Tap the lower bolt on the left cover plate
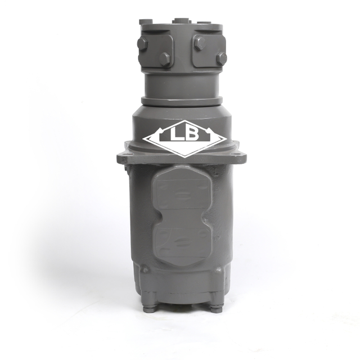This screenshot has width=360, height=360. (x=165, y=59)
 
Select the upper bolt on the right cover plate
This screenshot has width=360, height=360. (x=200, y=43)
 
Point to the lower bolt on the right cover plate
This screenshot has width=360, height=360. (x=222, y=58)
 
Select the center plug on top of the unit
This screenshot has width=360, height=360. (x=179, y=20)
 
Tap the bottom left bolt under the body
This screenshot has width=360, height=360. (x=148, y=307)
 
